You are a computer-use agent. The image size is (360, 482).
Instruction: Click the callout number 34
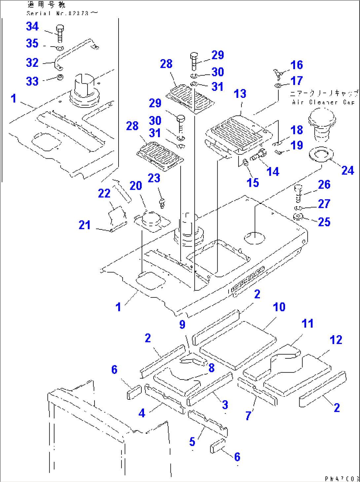pyautogui.click(x=32, y=26)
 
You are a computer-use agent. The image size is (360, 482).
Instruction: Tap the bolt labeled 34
pyautogui.click(x=60, y=33)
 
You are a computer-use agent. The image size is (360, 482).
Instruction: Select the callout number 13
pyautogui.click(x=240, y=94)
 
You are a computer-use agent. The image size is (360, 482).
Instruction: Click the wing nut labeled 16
pyautogui.click(x=277, y=74)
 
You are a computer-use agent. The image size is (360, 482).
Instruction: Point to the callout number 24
pyautogui.click(x=347, y=170)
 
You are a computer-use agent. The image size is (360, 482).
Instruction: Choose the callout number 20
pyautogui.click(x=135, y=185)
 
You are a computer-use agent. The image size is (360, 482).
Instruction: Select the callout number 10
pyautogui.click(x=279, y=307)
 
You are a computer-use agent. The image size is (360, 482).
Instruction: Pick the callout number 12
pyautogui.click(x=336, y=340)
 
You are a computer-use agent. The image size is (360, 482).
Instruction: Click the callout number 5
pyautogui.click(x=192, y=442)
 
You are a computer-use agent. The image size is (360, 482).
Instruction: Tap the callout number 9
pyautogui.click(x=182, y=324)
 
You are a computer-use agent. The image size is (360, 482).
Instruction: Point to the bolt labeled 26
pyautogui.click(x=298, y=193)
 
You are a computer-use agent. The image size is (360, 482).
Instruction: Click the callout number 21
pyautogui.click(x=85, y=225)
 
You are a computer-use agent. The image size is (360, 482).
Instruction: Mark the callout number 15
pyautogui.click(x=253, y=182)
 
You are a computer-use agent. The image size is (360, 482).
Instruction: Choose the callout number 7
pyautogui.click(x=248, y=416)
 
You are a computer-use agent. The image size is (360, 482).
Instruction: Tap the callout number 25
pyautogui.click(x=324, y=221)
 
